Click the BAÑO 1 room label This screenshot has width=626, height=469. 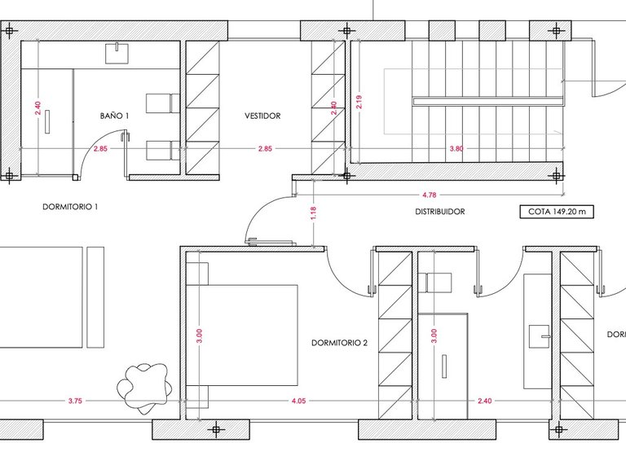[114, 116]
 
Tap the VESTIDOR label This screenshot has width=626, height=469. [262, 116]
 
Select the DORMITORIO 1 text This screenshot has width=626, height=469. [70, 207]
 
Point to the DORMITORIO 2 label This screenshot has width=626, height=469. [339, 343]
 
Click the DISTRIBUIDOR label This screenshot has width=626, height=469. [440, 212]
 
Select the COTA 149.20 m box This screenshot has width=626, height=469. [557, 212]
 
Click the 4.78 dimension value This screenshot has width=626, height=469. [430, 195]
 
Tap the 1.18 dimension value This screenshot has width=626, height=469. [313, 213]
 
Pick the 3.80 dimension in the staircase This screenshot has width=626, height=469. [456, 149]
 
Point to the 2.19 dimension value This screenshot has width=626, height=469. [359, 102]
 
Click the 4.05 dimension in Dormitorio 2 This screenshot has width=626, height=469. [298, 401]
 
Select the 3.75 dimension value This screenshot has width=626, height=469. [75, 401]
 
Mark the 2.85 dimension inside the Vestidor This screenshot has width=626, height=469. [265, 149]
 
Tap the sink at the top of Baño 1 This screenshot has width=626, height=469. [117, 54]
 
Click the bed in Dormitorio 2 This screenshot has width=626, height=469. [242, 335]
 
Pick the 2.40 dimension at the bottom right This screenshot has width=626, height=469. [485, 401]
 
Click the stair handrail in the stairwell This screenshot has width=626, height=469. [488, 101]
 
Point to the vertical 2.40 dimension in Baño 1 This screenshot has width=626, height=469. [37, 108]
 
